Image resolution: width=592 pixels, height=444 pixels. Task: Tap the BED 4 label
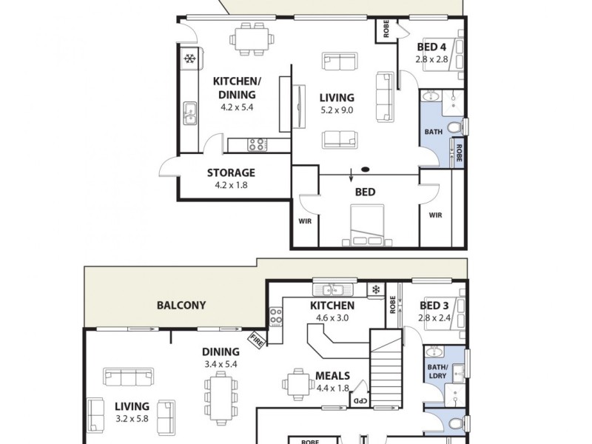click(x=431, y=47)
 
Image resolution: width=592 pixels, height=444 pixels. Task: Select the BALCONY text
click(x=181, y=305)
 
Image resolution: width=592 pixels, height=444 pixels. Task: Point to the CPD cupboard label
click(x=359, y=400)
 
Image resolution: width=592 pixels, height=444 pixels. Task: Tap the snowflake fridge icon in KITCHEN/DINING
click(x=189, y=58)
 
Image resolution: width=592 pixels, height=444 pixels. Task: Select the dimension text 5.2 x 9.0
click(x=337, y=110)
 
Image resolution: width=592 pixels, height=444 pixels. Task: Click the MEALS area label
click(x=334, y=375)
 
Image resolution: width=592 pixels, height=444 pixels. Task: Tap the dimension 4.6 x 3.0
click(x=332, y=317)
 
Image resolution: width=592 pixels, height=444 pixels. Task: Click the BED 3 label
click(x=434, y=305)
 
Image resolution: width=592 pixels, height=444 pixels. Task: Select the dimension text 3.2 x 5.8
click(x=132, y=419)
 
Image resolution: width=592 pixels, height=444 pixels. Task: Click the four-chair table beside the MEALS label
click(x=297, y=383)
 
